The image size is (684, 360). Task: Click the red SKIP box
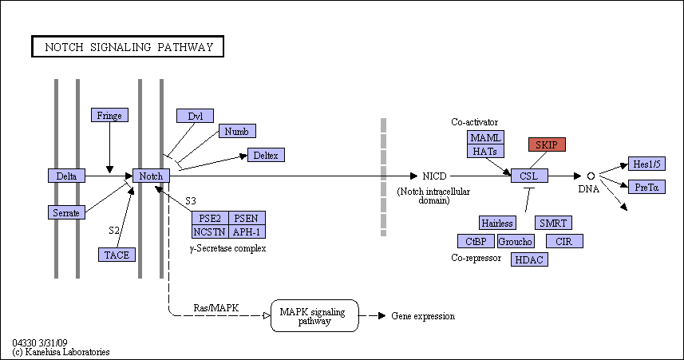coord(547,144)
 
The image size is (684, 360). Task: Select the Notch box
coord(151,176)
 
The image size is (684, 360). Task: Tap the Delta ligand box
coord(66,176)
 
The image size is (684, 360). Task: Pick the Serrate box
coord(66,212)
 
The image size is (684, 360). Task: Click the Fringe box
coord(109,115)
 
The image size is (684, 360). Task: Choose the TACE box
coord(117,255)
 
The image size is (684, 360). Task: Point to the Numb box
coord(237,131)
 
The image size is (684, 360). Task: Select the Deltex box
coord(266,155)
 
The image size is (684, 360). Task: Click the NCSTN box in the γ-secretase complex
coord(210,231)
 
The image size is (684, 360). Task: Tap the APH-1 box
coord(247,231)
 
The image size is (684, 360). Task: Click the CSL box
coord(529,176)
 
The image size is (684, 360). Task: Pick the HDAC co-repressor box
coord(529,259)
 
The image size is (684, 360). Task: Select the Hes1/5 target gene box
coord(647,164)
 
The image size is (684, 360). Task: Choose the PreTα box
coord(647,187)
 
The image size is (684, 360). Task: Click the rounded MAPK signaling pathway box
coord(314,315)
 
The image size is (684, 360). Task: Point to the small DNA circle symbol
coord(591,176)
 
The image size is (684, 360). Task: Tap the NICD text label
coord(434,176)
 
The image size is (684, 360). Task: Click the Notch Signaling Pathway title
coord(128,46)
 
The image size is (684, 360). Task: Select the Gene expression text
coord(423,316)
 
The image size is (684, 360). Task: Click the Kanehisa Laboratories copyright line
coord(61,352)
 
